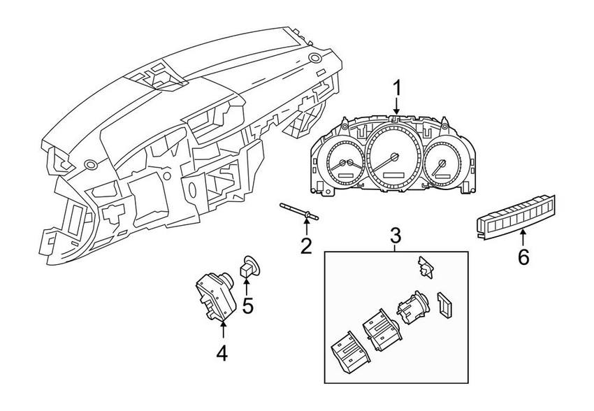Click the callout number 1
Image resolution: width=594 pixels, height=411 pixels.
pos(396,89)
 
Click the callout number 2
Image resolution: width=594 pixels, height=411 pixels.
pos(306,245)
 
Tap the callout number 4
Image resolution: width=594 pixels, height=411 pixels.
pos(222,354)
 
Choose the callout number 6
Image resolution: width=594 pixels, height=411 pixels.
pos(523,257)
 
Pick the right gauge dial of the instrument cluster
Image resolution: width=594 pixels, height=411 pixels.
pos(441,165)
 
